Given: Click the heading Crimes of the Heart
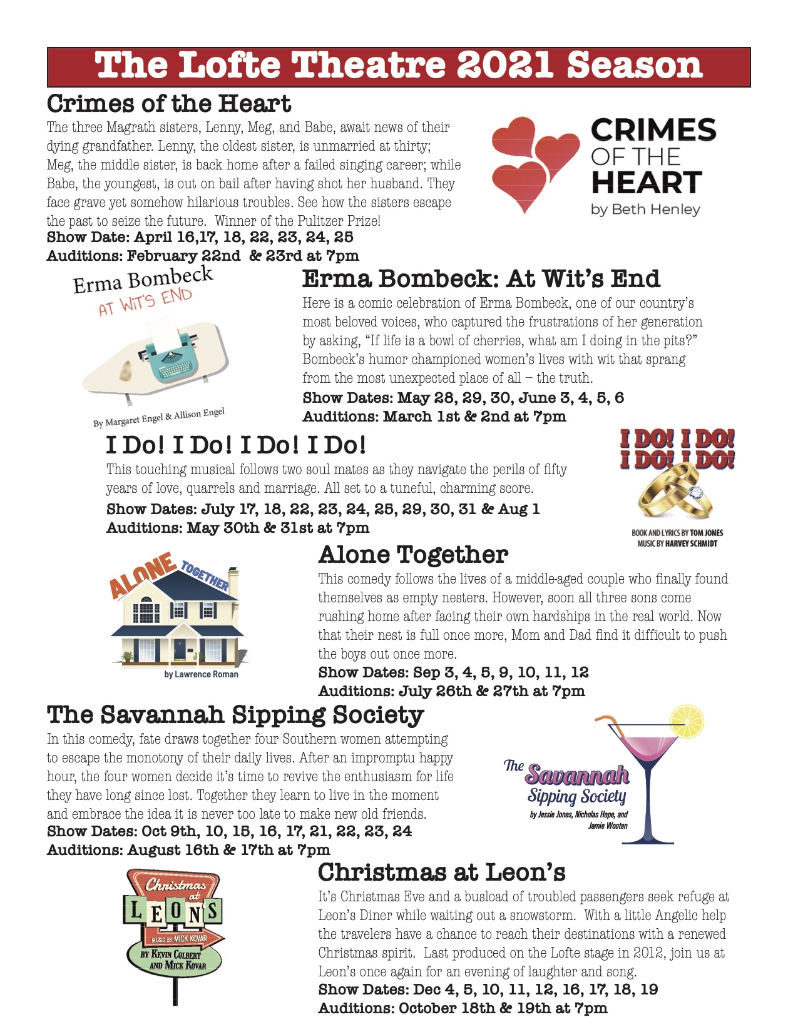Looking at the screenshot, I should click(169, 104).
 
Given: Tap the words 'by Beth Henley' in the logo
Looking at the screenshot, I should click(645, 210).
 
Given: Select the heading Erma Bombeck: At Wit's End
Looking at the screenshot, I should click(481, 279).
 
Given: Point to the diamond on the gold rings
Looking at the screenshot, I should click(695, 492).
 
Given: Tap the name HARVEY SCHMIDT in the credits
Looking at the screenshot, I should click(691, 544).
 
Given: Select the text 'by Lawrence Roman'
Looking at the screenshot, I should click(201, 674).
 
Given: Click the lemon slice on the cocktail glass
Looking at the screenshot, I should click(687, 721).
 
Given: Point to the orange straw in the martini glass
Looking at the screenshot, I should click(611, 726).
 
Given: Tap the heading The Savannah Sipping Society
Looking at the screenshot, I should click(235, 715).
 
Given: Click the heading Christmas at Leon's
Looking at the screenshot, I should click(441, 872).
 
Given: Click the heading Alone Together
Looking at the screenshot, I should click(413, 555).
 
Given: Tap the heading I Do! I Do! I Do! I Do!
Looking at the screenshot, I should click(236, 445).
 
